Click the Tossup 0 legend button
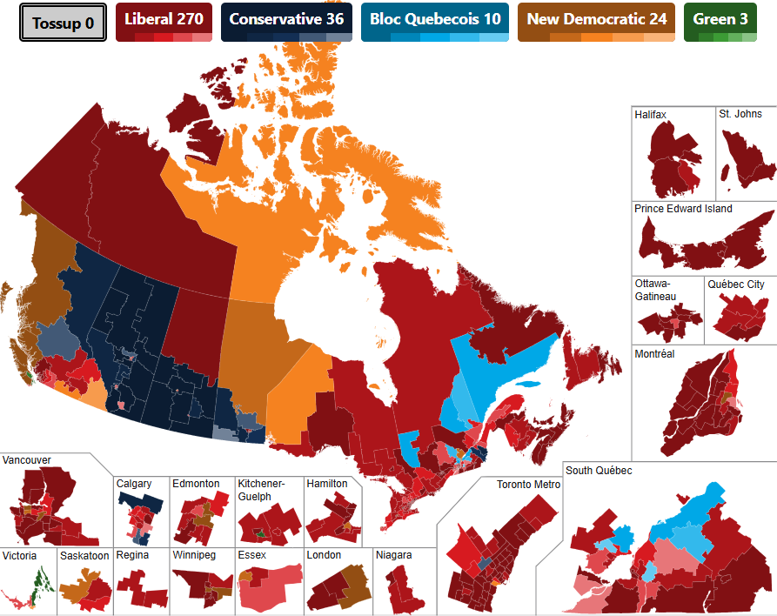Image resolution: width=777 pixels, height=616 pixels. [63, 23]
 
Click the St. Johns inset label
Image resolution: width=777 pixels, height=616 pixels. [740, 115]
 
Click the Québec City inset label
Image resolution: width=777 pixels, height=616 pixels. [736, 285]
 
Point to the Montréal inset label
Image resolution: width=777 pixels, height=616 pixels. [654, 354]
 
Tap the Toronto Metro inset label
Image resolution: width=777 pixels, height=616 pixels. [528, 485]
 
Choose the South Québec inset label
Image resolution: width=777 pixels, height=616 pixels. [599, 471]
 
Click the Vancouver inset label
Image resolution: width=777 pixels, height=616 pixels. [27, 459]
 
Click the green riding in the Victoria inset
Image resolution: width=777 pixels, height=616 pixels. [39, 579]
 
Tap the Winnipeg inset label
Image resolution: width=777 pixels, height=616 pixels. [196, 554]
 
